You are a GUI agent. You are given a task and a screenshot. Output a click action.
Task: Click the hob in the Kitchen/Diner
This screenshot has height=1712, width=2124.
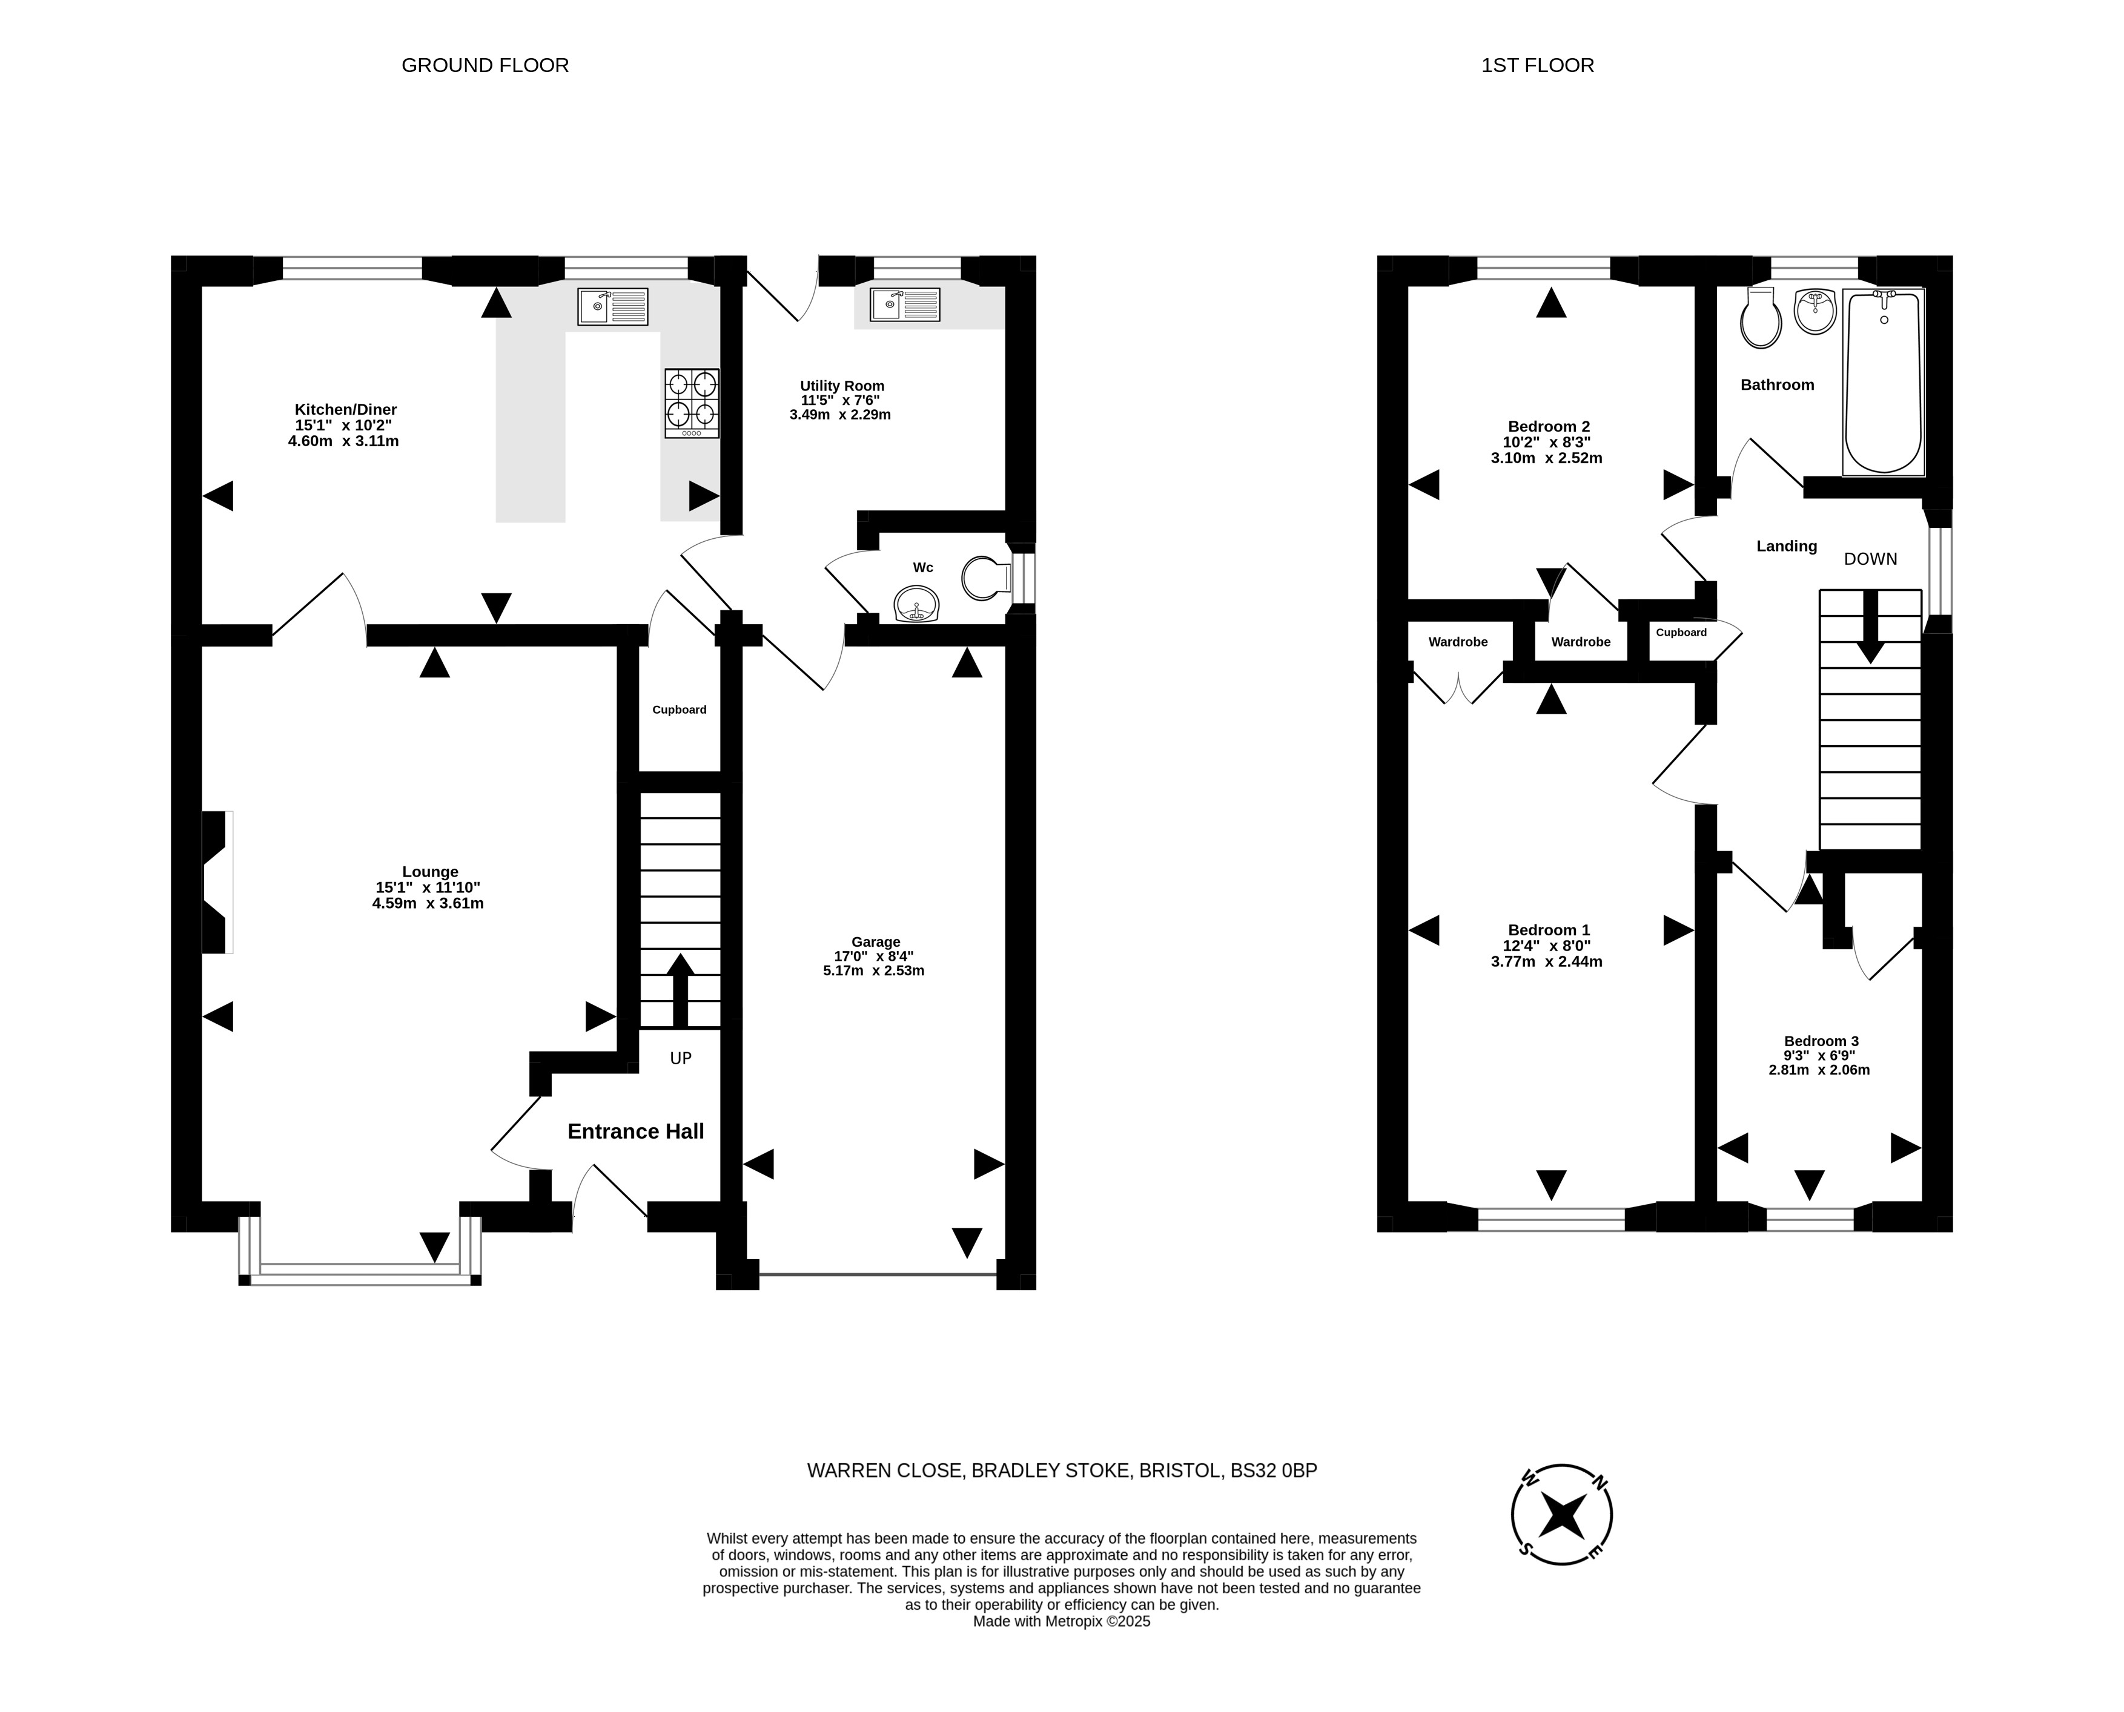coord(692,403)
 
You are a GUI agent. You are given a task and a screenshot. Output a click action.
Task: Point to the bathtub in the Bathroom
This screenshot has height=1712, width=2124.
coord(1884,381)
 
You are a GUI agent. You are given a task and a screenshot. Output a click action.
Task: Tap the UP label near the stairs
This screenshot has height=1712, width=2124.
coord(681,1058)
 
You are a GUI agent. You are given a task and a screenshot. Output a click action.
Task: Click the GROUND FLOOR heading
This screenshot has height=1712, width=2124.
coord(485,65)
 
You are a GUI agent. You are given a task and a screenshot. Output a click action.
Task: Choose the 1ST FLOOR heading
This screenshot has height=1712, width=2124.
coord(1537,65)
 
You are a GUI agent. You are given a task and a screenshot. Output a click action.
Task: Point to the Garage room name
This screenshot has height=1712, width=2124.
coord(876,942)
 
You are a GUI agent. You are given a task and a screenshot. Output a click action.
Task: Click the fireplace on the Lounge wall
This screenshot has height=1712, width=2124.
coord(217,881)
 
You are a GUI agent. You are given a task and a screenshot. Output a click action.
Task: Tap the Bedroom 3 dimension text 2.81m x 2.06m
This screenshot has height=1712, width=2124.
coord(1819,1069)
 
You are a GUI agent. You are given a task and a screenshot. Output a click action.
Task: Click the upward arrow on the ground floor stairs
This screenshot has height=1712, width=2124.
coord(681,990)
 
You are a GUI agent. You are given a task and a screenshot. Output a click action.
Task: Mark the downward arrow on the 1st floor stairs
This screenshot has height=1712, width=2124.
coord(1870,627)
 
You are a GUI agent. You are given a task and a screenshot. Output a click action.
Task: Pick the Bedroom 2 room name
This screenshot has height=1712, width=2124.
coord(1548,427)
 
